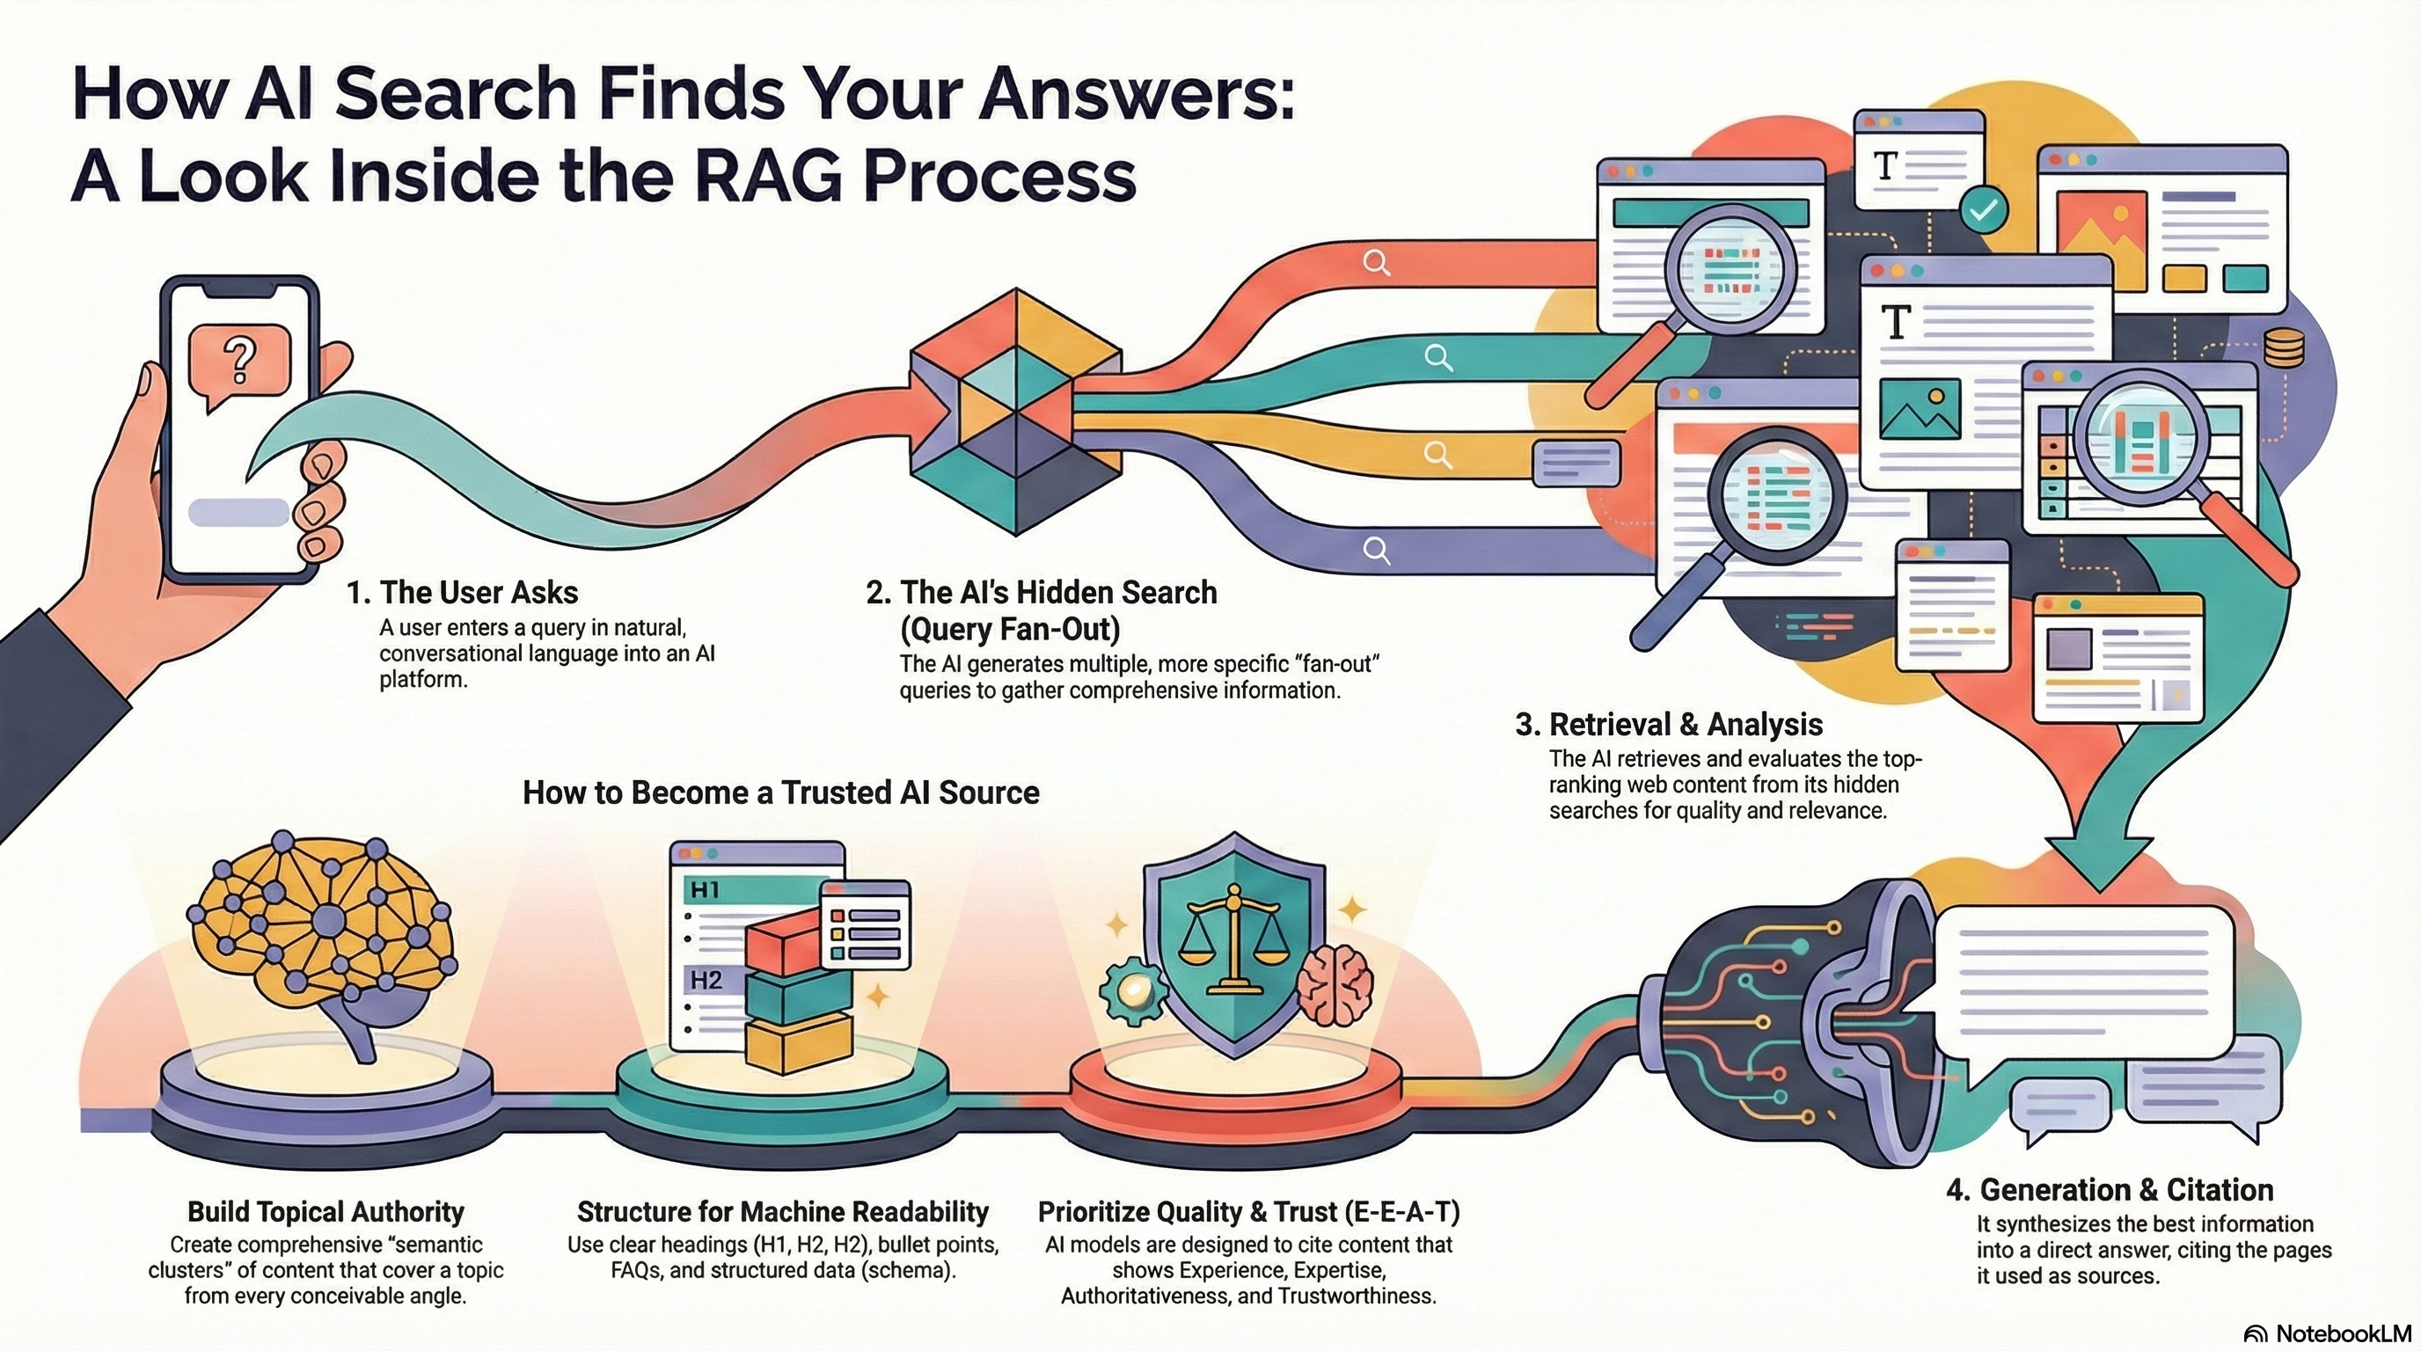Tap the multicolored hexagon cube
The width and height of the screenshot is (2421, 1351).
[x=1016, y=412]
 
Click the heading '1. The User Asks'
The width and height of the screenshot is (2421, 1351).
[x=462, y=593]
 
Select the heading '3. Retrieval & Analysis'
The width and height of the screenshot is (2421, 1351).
[x=1668, y=725]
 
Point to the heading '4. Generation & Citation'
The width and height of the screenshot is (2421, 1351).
[x=2109, y=1189]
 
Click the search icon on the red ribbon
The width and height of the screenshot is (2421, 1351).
[x=1376, y=262]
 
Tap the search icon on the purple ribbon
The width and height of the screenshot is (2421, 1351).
[x=1376, y=551]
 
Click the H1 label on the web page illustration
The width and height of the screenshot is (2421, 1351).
[x=705, y=888]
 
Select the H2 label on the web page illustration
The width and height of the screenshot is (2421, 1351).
[x=706, y=981]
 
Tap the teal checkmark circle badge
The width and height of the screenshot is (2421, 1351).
[x=1984, y=209]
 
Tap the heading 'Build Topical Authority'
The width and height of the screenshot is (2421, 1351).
[x=325, y=1211]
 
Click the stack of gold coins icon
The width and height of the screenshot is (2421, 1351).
[x=2284, y=348]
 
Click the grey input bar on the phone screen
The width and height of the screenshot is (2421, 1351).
[x=238, y=512]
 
